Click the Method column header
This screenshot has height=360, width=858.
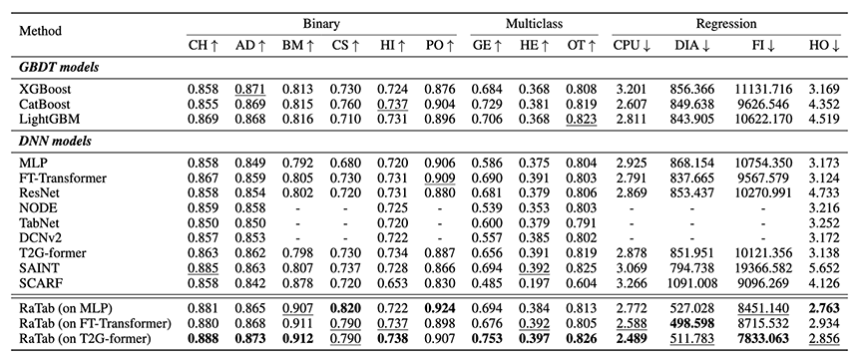(41, 31)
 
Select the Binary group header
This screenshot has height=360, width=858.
(321, 24)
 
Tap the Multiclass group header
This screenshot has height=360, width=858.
(534, 24)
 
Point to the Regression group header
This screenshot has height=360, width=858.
(726, 24)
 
